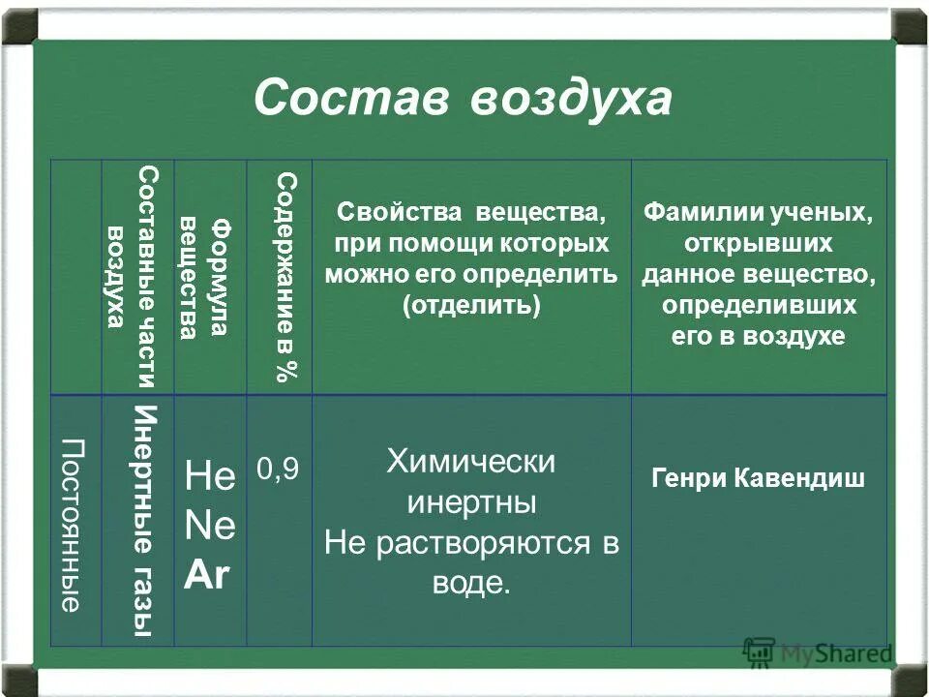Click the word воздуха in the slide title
571,100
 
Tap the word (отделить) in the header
471,304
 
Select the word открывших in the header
759,244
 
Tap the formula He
209,477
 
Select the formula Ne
209,528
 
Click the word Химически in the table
471,462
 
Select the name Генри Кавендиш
759,479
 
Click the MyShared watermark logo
819,653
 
